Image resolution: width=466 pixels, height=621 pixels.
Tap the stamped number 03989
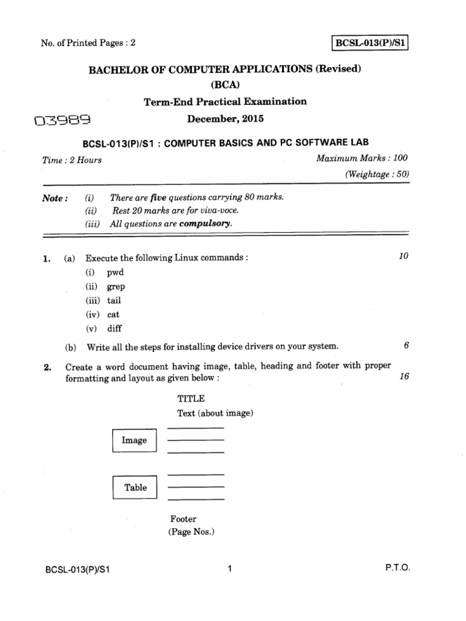[62, 122]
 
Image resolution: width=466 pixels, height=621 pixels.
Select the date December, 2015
[225, 119]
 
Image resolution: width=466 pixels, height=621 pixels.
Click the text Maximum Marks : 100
[362, 158]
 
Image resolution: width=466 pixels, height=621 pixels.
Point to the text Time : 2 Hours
[72, 160]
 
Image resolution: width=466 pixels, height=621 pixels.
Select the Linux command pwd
[115, 273]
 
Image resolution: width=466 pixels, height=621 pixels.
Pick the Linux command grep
[116, 287]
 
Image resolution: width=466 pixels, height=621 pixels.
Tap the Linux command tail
[115, 300]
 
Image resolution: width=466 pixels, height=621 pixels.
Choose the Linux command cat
[113, 314]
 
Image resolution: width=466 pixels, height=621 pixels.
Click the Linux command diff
[115, 329]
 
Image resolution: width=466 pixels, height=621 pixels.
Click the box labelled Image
[134, 441]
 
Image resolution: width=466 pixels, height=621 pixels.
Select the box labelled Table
[135, 488]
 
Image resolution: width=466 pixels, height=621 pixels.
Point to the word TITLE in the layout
[191, 398]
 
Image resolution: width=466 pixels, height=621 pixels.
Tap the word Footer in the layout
[183, 519]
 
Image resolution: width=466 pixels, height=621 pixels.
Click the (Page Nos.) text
[192, 532]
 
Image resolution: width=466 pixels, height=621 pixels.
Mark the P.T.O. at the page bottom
[397, 568]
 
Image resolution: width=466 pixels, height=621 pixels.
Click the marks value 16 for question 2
[405, 377]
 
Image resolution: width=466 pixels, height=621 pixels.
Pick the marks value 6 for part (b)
[406, 346]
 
